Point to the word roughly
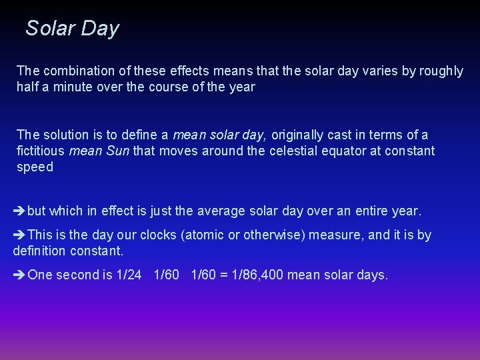pos(440,71)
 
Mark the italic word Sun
pos(118,151)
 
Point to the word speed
pos(35,167)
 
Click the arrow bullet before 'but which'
pos(19,211)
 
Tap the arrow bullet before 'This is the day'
pos(19,235)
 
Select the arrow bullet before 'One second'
pos(19,275)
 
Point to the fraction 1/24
pos(129,275)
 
